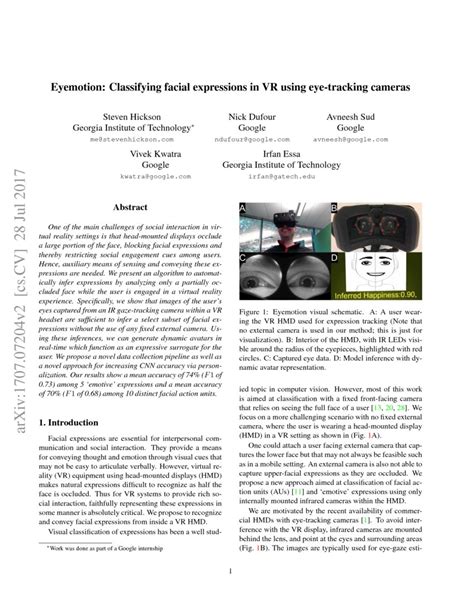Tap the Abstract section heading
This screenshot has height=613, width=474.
tap(131, 208)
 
